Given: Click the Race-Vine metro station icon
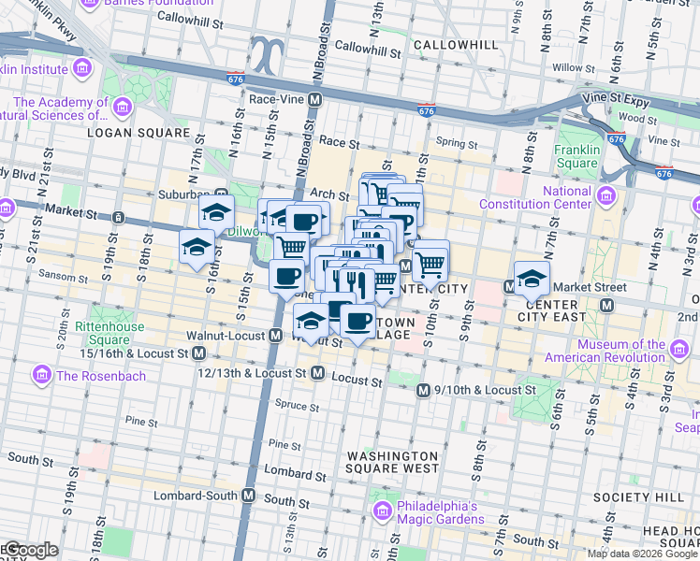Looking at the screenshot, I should click(315, 99).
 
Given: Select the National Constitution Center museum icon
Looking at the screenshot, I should click(606, 197).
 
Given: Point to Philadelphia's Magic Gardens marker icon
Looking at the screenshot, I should click(382, 511).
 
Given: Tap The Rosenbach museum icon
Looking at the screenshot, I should click(41, 376).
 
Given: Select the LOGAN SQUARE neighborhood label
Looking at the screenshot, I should click(138, 134).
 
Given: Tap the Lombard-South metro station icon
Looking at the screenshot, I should click(249, 495).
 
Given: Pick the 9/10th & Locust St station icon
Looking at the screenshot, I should click(423, 390).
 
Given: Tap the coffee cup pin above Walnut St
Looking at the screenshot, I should click(356, 321).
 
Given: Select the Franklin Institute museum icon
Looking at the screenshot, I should click(81, 68).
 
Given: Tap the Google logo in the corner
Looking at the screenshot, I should click(30, 550).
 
